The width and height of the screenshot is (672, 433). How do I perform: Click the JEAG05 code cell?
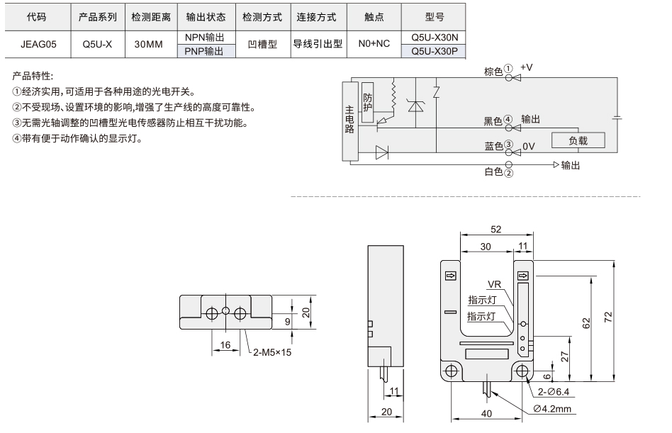(38, 44)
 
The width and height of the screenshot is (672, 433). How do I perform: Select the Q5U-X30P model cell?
(434, 52)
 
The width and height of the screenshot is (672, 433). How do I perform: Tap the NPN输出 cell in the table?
(204, 38)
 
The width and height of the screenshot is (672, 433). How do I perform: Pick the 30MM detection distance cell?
(148, 44)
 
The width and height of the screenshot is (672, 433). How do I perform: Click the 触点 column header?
(374, 17)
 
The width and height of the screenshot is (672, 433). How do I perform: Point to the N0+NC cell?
(374, 44)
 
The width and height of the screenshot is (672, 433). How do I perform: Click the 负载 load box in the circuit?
(578, 140)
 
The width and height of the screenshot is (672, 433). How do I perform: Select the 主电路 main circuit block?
(349, 120)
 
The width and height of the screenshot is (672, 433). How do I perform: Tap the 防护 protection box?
(367, 102)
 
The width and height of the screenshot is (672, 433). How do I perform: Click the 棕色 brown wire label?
(493, 72)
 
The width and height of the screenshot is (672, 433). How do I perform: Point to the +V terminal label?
(526, 67)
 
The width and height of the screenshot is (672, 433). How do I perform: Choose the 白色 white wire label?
(493, 171)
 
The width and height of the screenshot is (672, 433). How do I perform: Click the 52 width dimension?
(496, 230)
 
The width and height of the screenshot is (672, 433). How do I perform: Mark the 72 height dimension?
(609, 317)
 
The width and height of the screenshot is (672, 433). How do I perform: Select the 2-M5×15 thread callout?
(272, 352)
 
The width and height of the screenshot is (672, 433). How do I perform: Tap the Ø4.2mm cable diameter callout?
(552, 409)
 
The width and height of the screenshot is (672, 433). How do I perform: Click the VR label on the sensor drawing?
(494, 284)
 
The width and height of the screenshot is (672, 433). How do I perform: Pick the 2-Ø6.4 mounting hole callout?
(554, 391)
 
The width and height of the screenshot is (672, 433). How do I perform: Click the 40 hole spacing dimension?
(486, 414)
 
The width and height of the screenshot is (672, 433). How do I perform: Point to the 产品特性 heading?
(33, 77)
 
